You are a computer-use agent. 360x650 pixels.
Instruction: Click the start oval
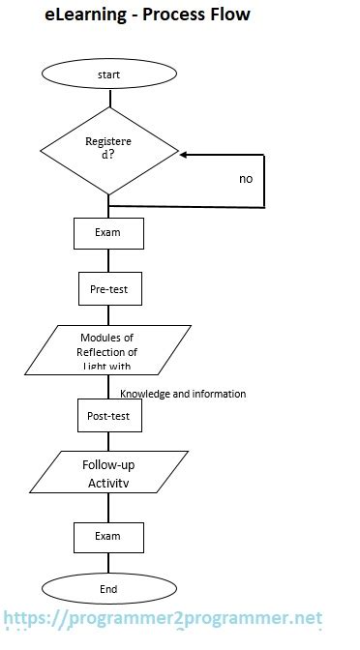click(x=109, y=74)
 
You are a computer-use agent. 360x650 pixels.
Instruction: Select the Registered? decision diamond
click(x=109, y=150)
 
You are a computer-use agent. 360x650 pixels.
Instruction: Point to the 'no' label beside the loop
click(x=246, y=179)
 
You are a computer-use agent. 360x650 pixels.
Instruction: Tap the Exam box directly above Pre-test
click(x=108, y=233)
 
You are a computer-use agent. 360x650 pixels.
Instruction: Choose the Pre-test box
click(x=108, y=288)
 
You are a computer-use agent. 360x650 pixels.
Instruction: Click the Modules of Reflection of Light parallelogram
click(x=107, y=351)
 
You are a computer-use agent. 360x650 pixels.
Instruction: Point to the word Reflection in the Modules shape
click(x=107, y=352)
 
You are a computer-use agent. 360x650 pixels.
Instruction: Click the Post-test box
click(x=108, y=416)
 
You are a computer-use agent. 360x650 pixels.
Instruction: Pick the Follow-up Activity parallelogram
click(x=107, y=472)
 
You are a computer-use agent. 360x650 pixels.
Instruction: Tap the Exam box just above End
click(x=108, y=537)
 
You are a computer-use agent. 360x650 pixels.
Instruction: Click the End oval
click(x=108, y=589)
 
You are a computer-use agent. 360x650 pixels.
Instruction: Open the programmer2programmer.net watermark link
click(x=162, y=618)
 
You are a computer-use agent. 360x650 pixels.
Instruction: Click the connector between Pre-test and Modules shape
click(x=108, y=314)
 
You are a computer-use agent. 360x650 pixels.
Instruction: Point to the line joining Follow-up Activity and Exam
click(x=108, y=508)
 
